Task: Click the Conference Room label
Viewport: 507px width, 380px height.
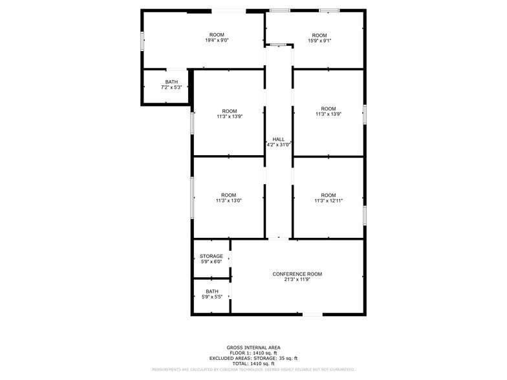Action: [297, 274]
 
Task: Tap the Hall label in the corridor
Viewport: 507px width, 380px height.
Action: [278, 139]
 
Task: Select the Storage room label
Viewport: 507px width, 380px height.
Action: [211, 257]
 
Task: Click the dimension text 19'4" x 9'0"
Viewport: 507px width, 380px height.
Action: [217, 40]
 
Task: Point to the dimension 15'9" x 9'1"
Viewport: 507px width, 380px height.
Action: [319, 41]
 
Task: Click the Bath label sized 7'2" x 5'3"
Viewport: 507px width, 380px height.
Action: [171, 82]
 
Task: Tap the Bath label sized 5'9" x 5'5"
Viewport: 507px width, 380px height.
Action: [211, 291]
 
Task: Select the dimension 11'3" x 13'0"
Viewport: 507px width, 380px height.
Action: [229, 201]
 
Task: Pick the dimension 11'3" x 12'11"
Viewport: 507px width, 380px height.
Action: [329, 201]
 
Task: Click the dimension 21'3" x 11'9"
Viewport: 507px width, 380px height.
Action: [297, 280]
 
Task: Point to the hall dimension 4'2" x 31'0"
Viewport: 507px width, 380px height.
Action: [279, 145]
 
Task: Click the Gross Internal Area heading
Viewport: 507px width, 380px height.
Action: [253, 348]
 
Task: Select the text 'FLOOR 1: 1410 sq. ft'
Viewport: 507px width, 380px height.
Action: [253, 353]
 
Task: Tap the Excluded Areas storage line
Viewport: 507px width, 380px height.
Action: [253, 358]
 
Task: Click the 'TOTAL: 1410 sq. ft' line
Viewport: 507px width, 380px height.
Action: [253, 363]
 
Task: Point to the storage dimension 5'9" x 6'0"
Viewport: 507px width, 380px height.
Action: [211, 262]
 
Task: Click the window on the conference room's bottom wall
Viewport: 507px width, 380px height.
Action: [312, 315]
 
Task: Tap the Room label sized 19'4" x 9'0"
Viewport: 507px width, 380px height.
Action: [217, 34]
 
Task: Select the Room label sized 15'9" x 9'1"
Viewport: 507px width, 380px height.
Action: [319, 35]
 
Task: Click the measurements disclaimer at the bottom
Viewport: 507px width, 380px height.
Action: [253, 370]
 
